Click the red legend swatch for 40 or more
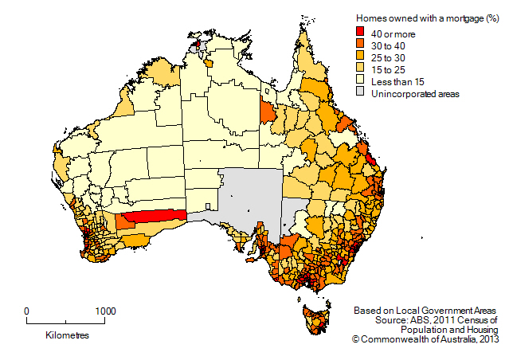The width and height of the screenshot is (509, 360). click(x=360, y=32)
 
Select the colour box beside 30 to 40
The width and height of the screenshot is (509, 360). click(x=360, y=45)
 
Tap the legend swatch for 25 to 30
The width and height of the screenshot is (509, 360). click(x=360, y=57)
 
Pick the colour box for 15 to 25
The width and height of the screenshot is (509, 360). click(x=360, y=69)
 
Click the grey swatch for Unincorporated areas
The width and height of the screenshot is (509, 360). click(x=360, y=94)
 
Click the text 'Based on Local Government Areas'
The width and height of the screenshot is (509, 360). click(x=425, y=309)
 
